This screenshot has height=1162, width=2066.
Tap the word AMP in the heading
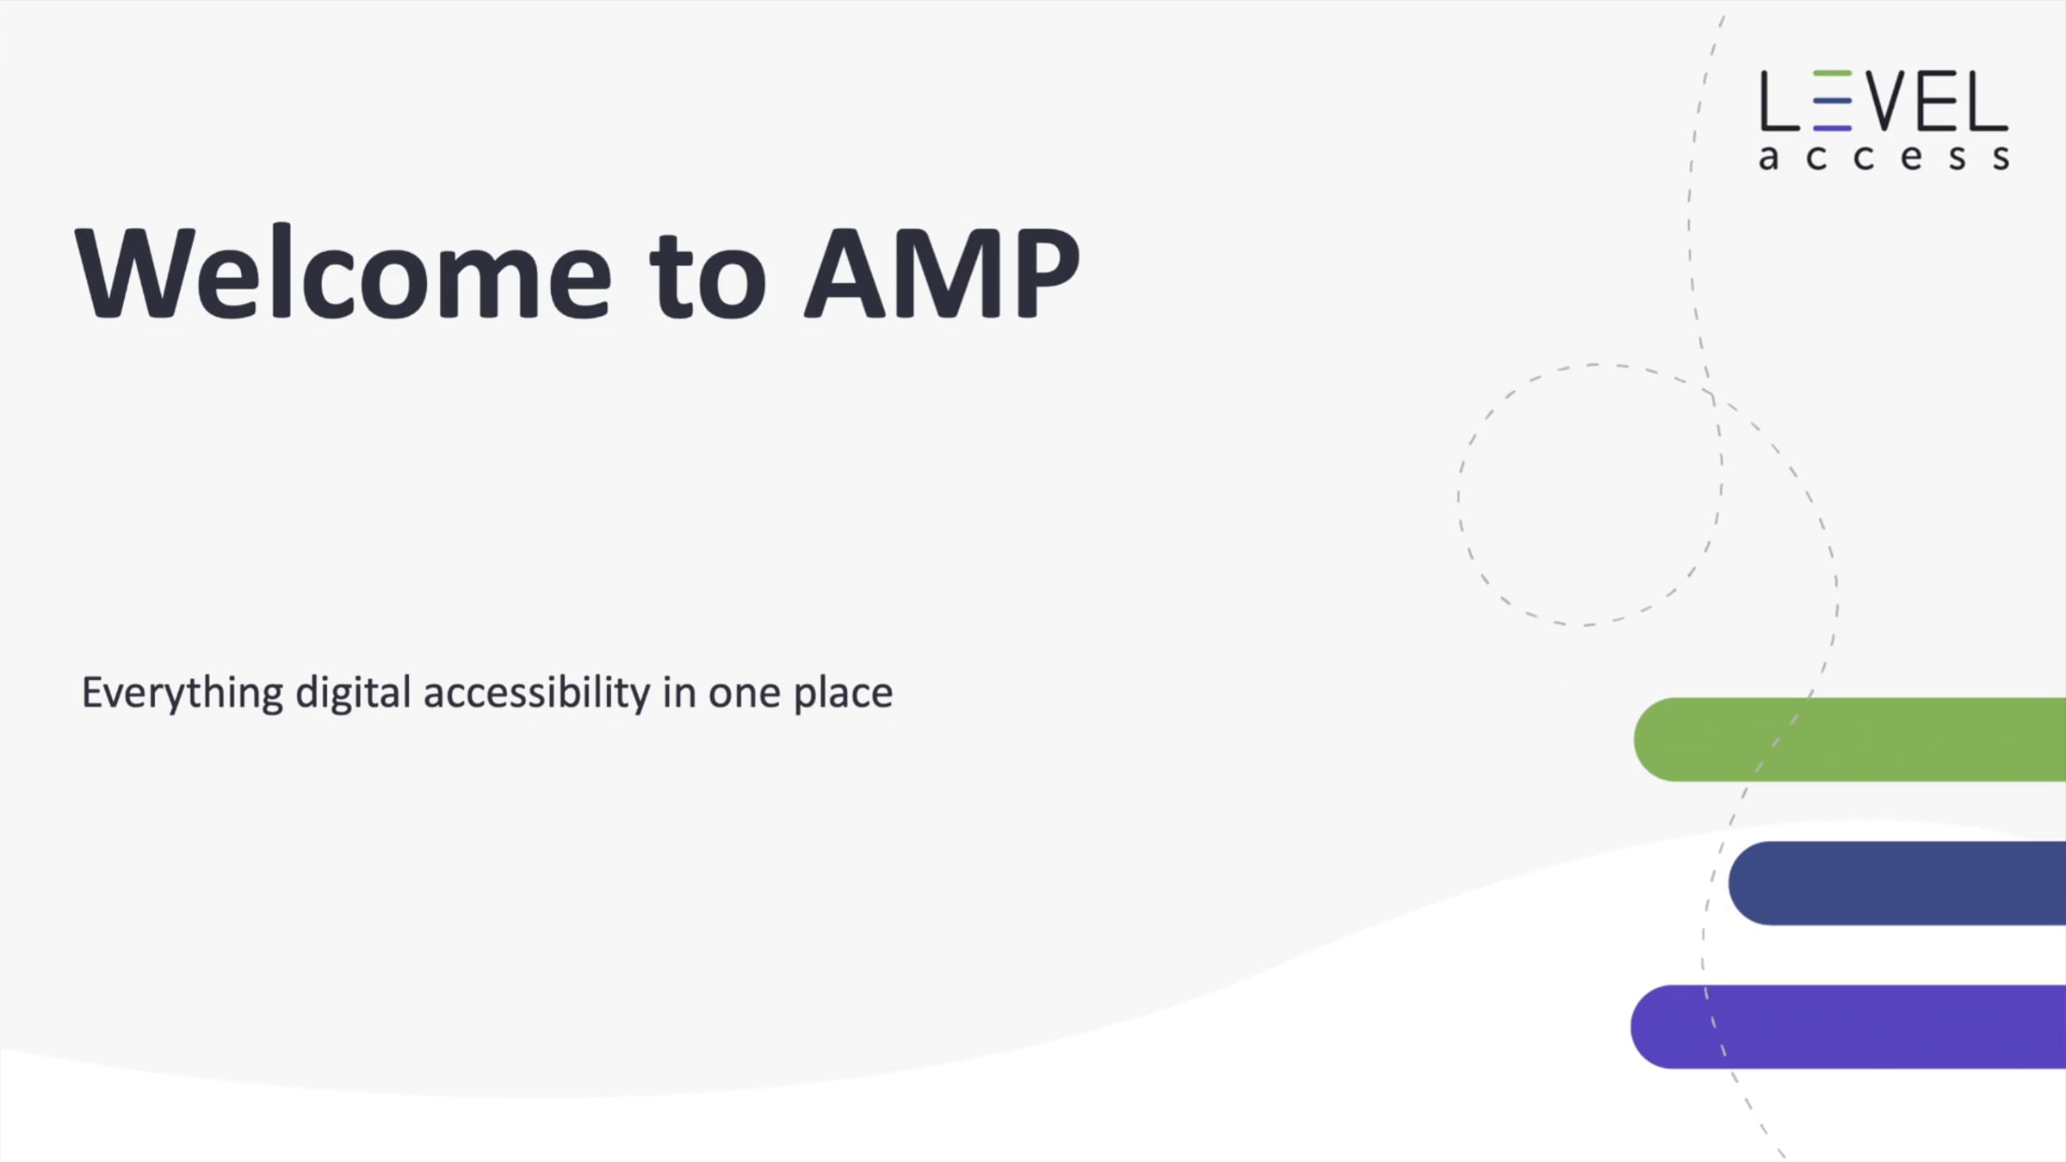(942, 273)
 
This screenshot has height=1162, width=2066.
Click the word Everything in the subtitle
(182, 694)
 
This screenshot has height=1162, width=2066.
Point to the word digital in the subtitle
(353, 694)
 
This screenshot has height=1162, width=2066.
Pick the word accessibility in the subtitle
(537, 694)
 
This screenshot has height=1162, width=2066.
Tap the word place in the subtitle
(843, 694)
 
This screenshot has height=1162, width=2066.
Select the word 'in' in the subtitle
(679, 693)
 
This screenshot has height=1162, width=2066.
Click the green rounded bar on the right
(1850, 739)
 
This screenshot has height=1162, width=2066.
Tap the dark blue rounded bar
(1897, 883)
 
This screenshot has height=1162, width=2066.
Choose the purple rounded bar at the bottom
(1848, 1027)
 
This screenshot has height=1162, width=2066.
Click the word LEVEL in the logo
(1884, 101)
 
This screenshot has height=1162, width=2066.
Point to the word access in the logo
(1884, 158)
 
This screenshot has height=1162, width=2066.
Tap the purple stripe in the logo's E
(1832, 127)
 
